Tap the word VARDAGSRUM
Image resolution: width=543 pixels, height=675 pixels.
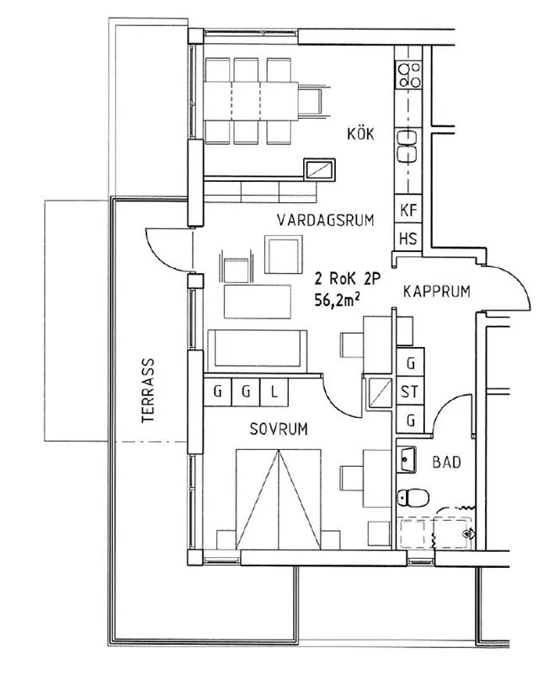coord(324,220)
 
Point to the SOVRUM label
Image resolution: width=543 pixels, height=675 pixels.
coord(278,429)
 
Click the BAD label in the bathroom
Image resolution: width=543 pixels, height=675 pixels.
coord(445,463)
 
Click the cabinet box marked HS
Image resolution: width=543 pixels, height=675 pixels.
coord(408,238)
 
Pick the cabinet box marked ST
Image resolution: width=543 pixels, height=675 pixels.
coord(411,392)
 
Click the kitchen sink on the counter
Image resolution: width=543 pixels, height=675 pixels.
coord(408,147)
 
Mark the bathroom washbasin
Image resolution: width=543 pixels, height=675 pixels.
coord(407,461)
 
